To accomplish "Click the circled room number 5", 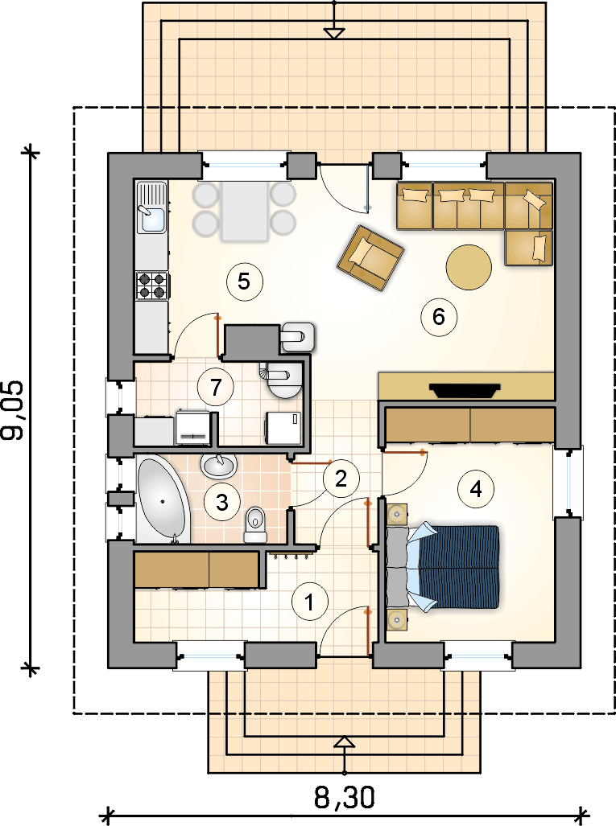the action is [244, 281].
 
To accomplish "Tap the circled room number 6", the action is [439, 317].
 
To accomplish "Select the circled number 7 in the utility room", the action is [215, 387].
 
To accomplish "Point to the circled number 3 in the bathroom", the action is [222, 502].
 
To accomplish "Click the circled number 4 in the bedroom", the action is [476, 489].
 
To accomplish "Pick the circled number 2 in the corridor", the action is [341, 479].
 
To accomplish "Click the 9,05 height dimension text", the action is [13, 410].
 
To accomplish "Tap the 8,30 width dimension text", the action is [345, 798].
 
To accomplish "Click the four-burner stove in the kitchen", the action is [152, 285].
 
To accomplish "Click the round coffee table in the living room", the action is [469, 267].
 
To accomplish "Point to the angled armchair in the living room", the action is [370, 257].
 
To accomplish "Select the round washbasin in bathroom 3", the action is [219, 466].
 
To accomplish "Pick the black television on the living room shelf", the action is [465, 390].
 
